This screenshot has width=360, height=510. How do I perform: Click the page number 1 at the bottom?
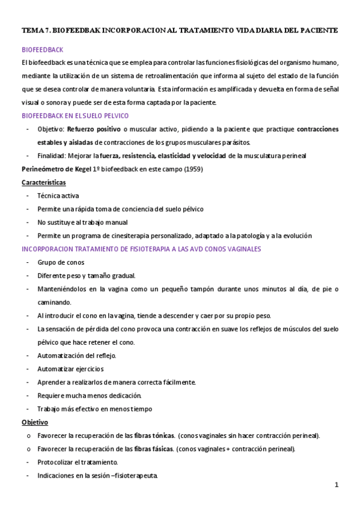point(337,485)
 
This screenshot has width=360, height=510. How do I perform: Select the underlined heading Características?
point(44,182)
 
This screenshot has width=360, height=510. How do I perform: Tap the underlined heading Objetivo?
point(35,422)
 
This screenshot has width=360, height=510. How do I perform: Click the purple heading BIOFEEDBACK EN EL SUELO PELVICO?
point(83,115)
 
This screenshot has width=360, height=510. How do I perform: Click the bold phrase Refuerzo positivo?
point(93,129)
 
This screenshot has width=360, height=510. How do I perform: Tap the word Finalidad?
point(52,156)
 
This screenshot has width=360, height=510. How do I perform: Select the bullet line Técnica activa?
point(58,196)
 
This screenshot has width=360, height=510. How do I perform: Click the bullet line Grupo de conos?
point(61,263)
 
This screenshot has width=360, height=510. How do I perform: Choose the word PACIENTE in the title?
point(317,29)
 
